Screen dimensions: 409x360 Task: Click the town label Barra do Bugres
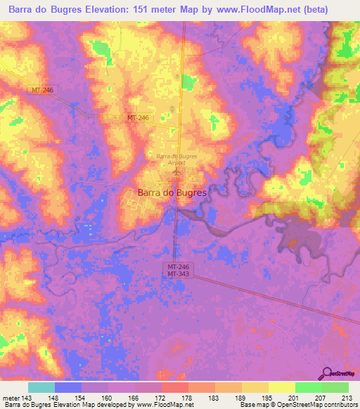[x=171, y=192]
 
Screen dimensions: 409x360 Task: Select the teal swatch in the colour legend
[x=41, y=387]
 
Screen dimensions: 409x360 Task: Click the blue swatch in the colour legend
[x=68, y=387]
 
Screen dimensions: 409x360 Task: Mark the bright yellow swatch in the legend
[x=281, y=387]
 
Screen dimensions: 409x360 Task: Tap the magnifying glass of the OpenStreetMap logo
[x=327, y=374]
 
